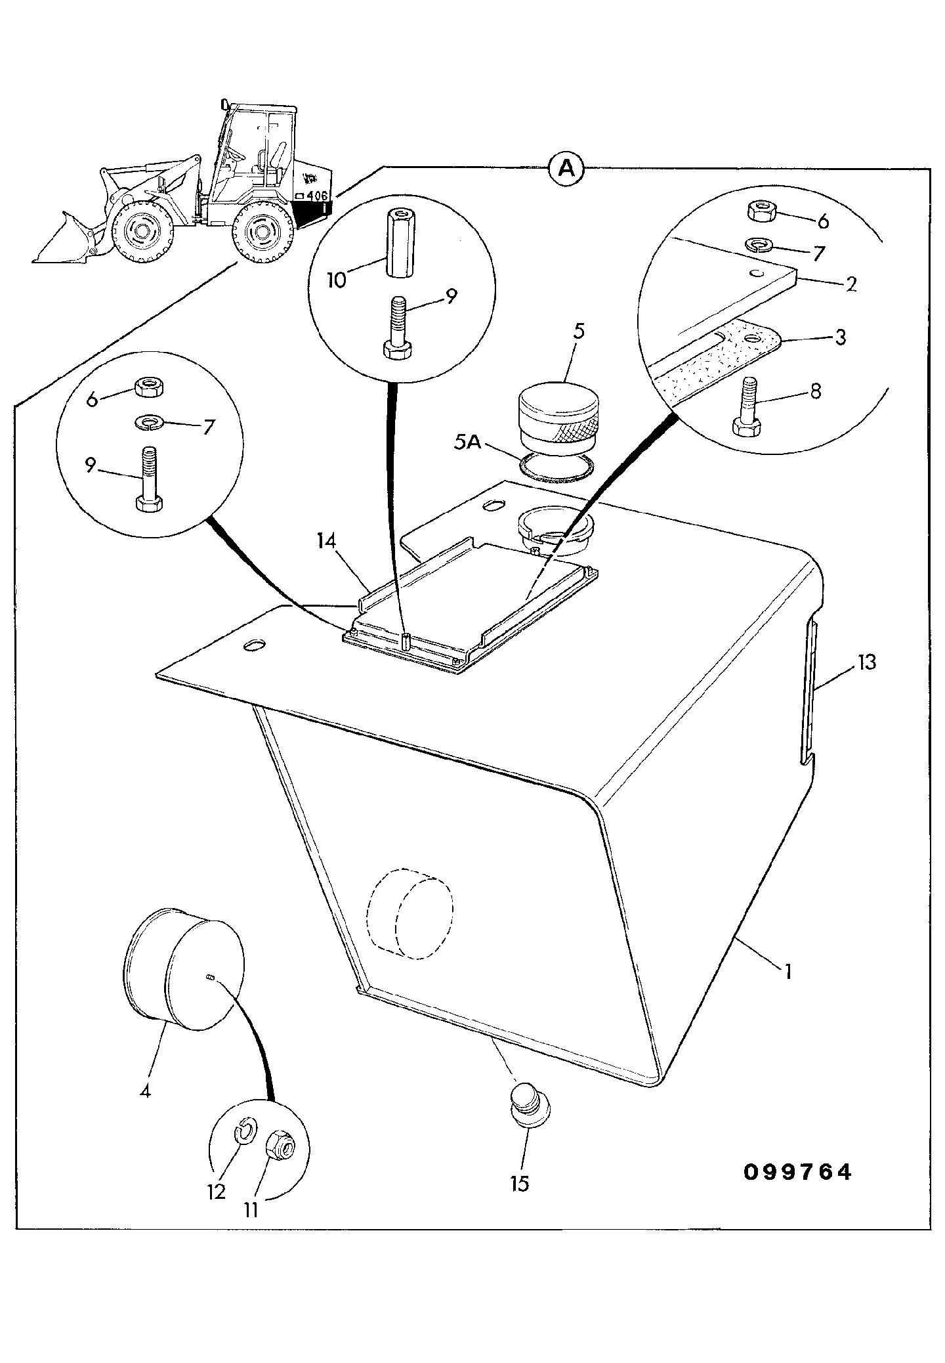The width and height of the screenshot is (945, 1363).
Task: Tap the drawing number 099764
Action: tap(797, 1172)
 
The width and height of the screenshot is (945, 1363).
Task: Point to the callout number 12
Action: tap(217, 1192)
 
